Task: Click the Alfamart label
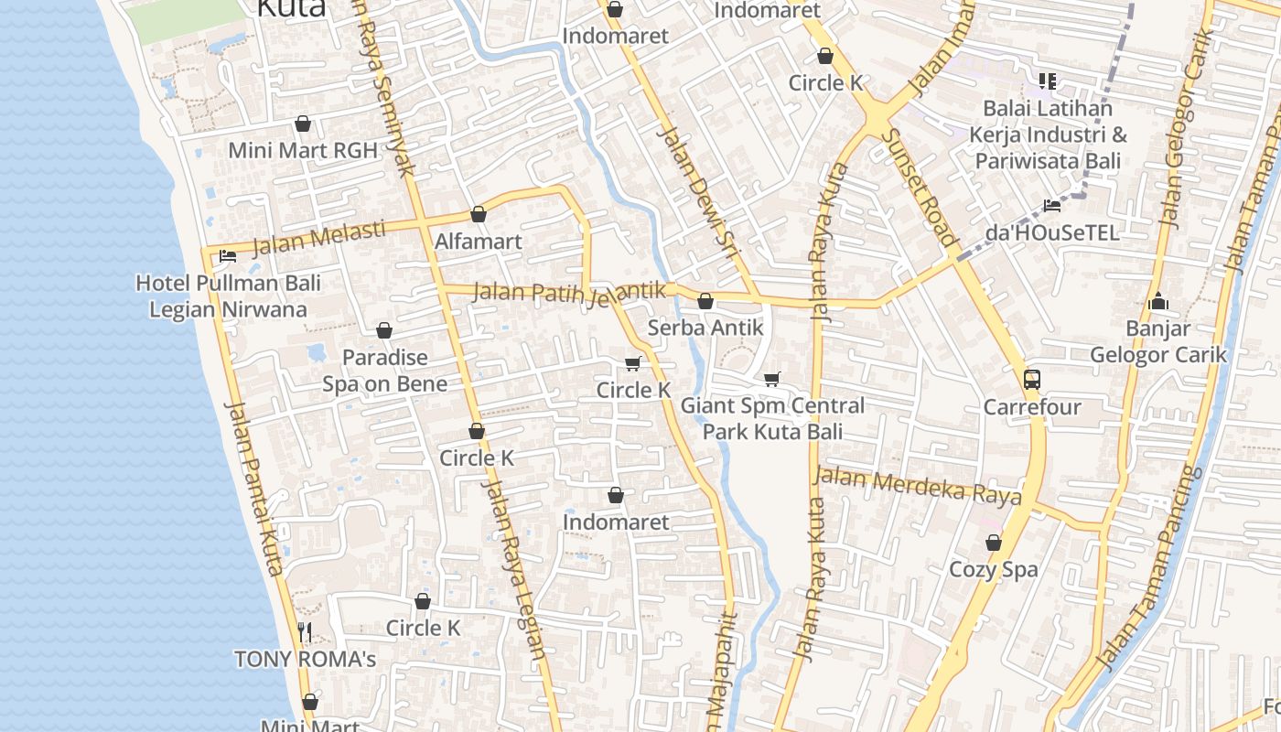[479, 242]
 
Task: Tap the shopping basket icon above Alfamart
[478, 215]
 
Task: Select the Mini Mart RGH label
[303, 150]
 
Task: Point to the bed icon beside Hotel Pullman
[228, 256]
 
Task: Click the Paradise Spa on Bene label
[384, 370]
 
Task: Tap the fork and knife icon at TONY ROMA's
[306, 631]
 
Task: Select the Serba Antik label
[705, 327]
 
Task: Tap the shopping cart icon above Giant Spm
[772, 379]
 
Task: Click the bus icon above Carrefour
[1032, 379]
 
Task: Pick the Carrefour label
[1032, 406]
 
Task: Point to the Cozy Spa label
[994, 569]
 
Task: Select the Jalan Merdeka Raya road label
[917, 486]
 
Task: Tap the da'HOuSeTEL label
[1052, 232]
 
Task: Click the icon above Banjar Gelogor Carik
[1158, 301]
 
